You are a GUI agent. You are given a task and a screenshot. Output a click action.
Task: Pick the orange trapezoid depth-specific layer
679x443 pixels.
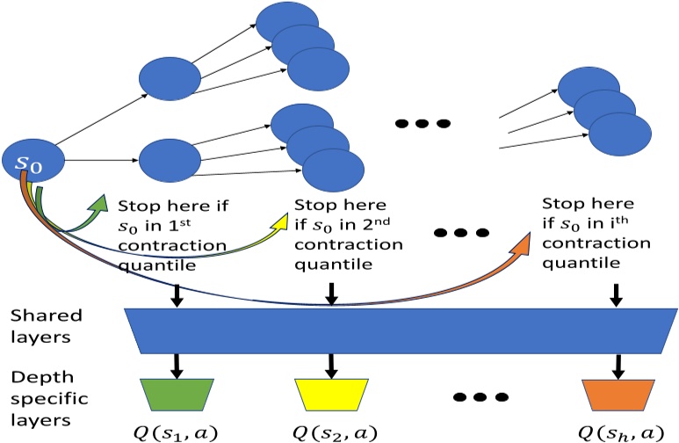(x=612, y=393)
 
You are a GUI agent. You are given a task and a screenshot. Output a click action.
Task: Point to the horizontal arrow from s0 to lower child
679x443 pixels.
(x=101, y=161)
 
